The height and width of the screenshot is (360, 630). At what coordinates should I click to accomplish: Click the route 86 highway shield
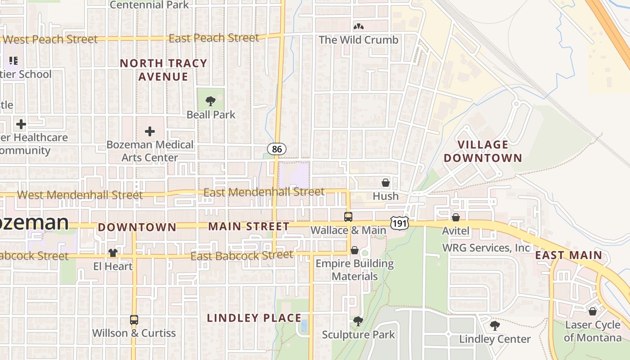tap(277, 148)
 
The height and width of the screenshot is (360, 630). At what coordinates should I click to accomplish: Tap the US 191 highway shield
tap(399, 223)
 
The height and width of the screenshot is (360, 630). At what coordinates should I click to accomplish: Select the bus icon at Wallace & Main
tap(348, 217)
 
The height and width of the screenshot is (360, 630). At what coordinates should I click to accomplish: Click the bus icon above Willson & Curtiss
tap(134, 320)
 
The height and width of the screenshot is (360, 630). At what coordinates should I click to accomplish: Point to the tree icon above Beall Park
tap(211, 101)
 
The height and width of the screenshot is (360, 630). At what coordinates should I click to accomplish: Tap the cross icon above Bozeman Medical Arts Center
tap(150, 131)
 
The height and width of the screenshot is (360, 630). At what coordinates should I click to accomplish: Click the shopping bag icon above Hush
tap(386, 183)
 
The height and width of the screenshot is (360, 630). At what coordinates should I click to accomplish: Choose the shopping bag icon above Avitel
tap(456, 218)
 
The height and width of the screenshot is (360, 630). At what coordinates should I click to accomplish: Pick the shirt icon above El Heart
tap(113, 253)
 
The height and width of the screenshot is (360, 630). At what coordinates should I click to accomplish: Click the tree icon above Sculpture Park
tap(358, 321)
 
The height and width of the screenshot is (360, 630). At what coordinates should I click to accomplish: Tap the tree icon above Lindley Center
tap(495, 326)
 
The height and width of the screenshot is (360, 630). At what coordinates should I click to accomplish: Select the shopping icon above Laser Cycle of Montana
tap(593, 311)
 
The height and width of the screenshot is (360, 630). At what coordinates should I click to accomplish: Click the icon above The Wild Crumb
tap(359, 27)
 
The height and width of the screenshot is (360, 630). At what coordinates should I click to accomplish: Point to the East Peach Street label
tap(214, 38)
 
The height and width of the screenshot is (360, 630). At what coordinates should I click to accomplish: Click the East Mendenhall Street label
tap(264, 192)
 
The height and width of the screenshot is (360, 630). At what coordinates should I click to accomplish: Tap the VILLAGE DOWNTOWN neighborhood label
tap(483, 151)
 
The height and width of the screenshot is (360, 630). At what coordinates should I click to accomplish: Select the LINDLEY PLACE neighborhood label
tap(254, 318)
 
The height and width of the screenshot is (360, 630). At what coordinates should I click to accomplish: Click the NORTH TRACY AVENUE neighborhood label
tap(163, 70)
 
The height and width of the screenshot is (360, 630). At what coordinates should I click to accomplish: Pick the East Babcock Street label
tap(242, 256)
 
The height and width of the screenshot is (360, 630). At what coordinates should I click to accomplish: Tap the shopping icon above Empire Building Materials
tap(355, 250)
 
